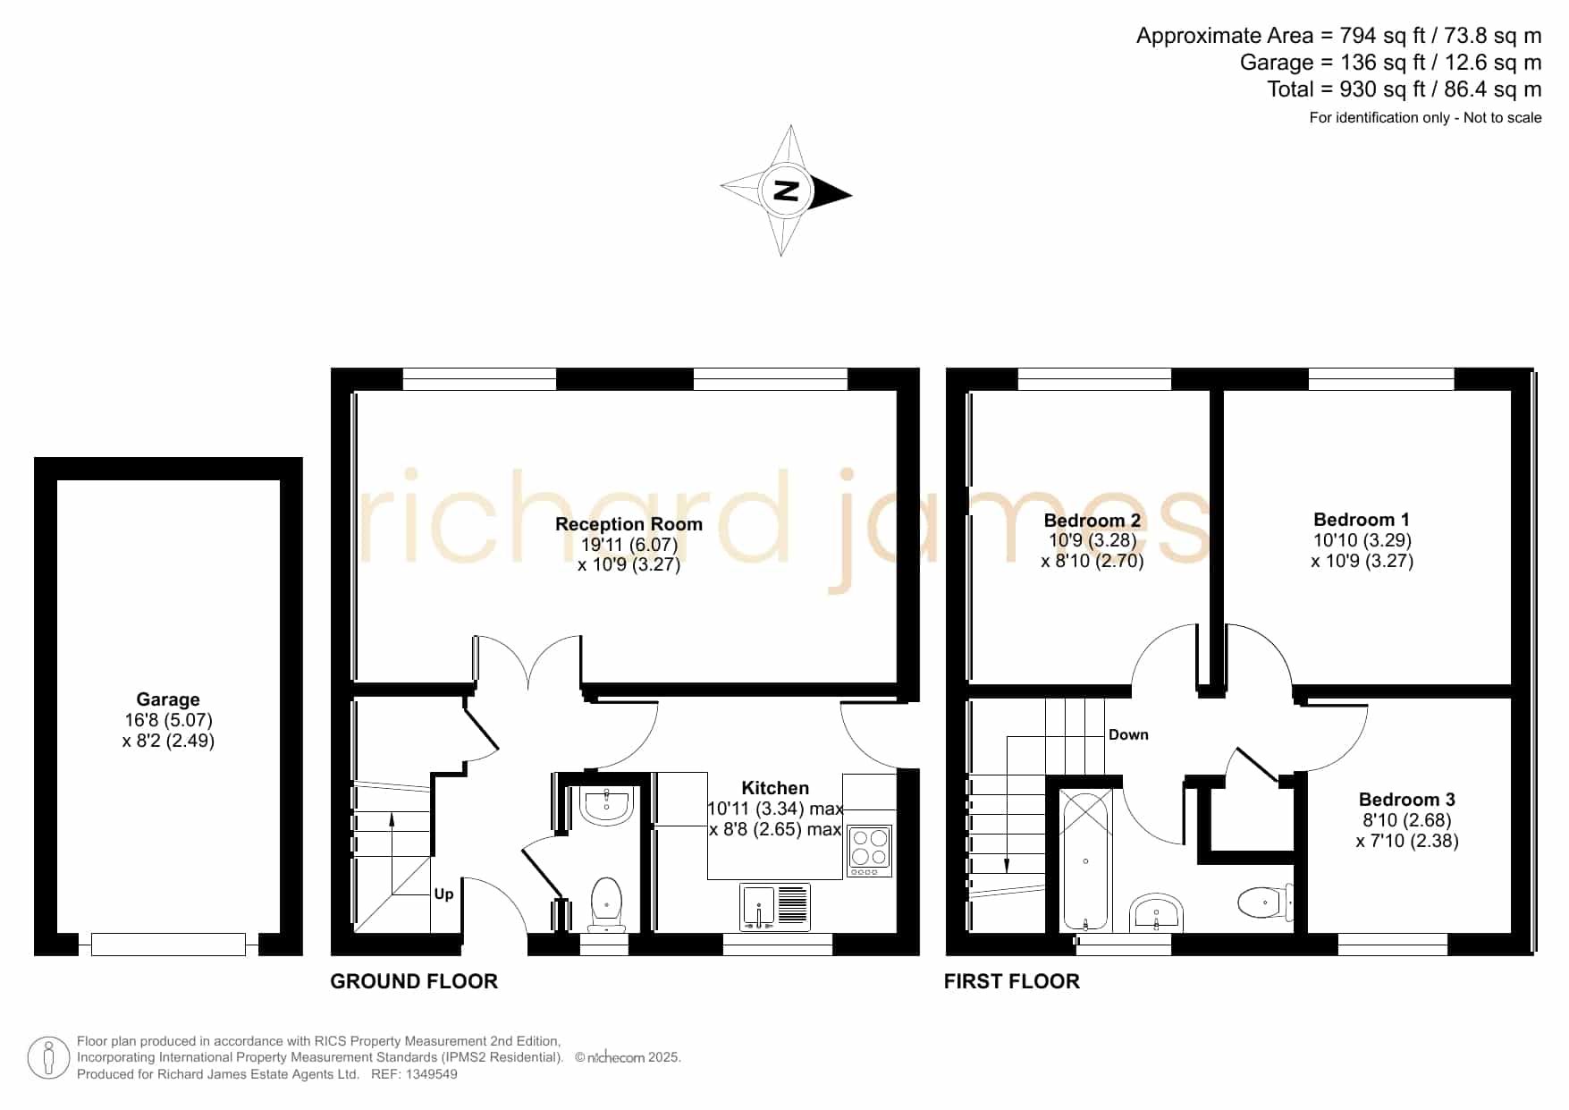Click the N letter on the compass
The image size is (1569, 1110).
tap(786, 191)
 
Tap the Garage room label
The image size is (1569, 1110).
tap(168, 699)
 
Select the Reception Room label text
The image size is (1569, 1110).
tap(628, 524)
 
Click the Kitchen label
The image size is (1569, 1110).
tap(775, 788)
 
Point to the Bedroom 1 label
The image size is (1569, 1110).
tap(1362, 520)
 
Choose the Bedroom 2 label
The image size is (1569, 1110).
tap(1092, 521)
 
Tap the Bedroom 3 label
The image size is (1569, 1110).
tap(1407, 800)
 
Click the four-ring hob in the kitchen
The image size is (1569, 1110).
tap(870, 850)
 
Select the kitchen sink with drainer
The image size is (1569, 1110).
tap(775, 906)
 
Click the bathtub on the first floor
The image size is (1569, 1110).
tap(1085, 860)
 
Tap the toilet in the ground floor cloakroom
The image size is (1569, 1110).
tap(607, 903)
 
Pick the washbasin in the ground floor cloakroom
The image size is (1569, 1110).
tap(607, 805)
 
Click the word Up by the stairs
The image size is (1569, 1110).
tap(443, 894)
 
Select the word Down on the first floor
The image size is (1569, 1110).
tap(1128, 734)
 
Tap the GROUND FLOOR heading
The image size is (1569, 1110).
tap(414, 981)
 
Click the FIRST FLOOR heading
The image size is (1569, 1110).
tap(1012, 981)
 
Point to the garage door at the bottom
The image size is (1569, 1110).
tap(168, 944)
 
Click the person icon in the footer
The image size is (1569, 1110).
tap(48, 1058)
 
